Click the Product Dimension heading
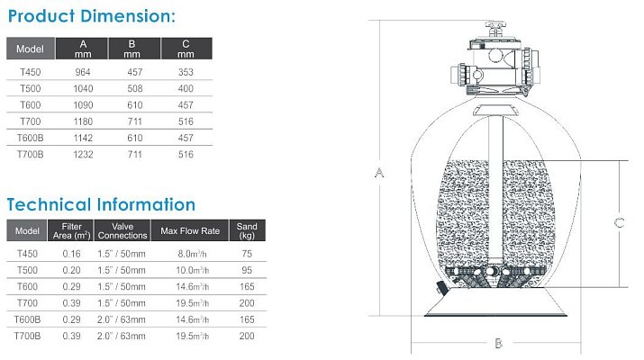point(92,16)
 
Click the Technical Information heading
point(101,204)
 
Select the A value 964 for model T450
point(83,72)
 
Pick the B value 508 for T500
point(135,89)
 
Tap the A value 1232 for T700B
point(83,155)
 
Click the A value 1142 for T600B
point(83,139)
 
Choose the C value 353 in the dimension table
point(186,72)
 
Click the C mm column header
point(186,49)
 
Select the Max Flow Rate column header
point(190,230)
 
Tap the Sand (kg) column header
point(247,230)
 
